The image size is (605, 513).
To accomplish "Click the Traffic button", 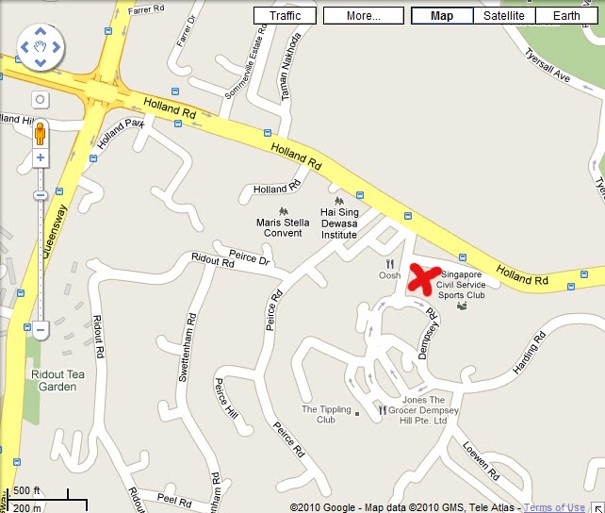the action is click(286, 16).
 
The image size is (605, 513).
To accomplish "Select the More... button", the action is click(363, 16).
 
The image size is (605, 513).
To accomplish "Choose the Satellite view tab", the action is click(505, 16).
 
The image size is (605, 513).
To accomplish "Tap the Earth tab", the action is click(566, 16).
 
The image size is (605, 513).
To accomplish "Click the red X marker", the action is click(425, 279).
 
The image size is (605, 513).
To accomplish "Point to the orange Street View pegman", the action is click(40, 133).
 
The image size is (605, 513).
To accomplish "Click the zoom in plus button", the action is click(40, 158).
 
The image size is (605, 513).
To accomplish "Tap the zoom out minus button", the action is click(40, 330).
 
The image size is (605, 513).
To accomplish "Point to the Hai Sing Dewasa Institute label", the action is click(339, 227).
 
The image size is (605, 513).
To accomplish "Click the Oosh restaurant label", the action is click(389, 275).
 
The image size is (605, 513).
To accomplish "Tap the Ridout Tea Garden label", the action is click(53, 380).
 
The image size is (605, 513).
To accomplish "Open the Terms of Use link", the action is click(554, 507).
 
